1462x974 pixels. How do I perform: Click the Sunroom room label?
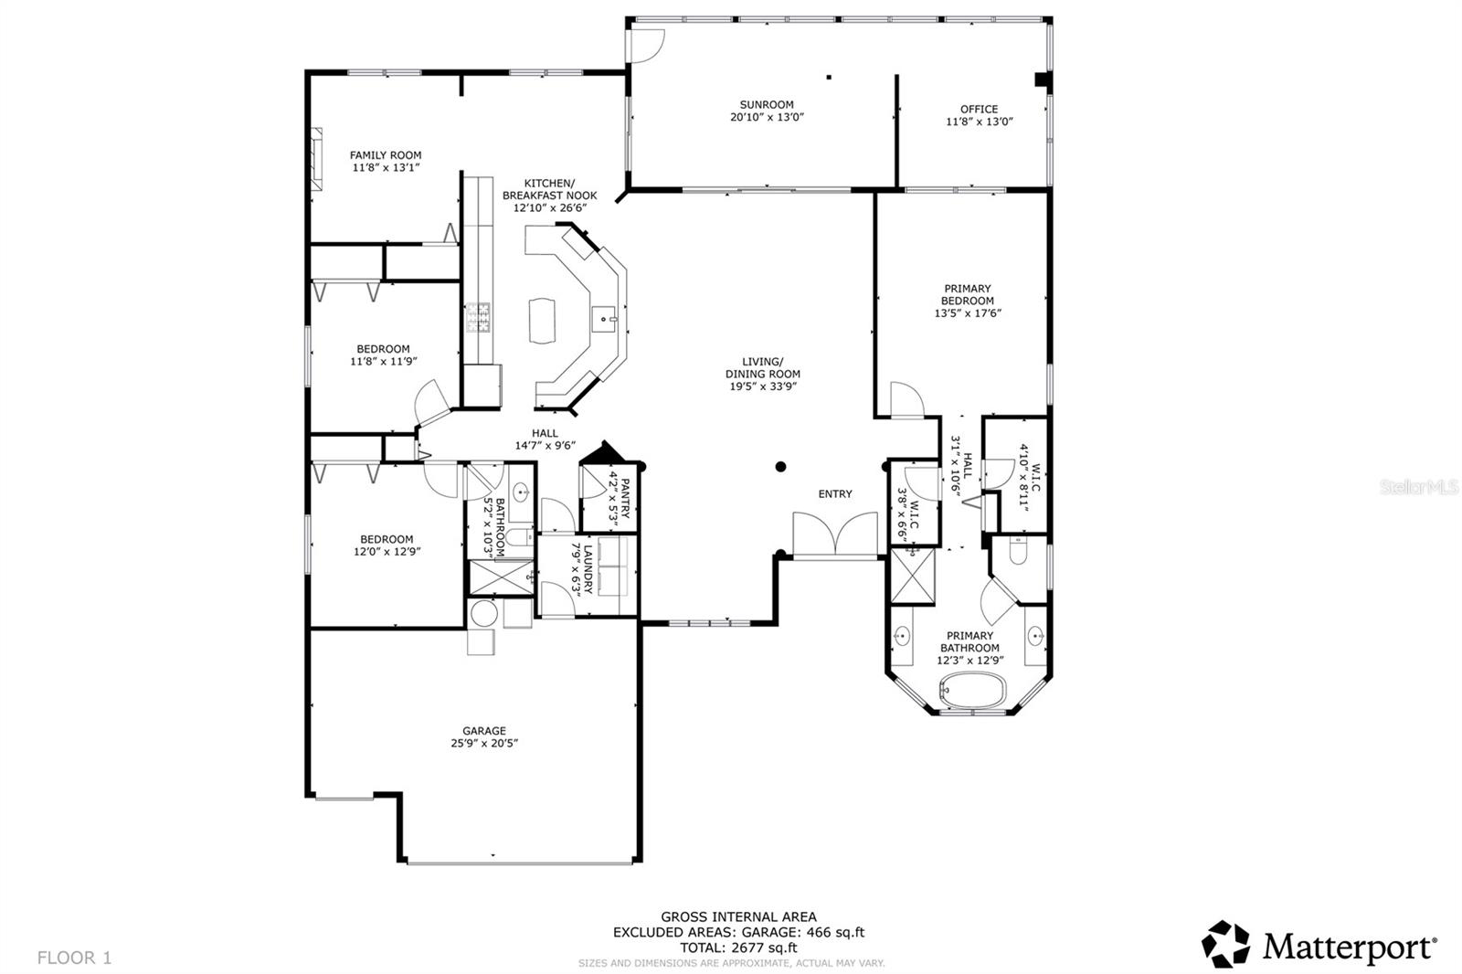(x=767, y=105)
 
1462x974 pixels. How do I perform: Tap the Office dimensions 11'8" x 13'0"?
(x=980, y=122)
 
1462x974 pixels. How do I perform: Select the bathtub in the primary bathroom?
(x=973, y=689)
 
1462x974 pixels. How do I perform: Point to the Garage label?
(x=483, y=731)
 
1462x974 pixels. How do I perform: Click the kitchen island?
(x=541, y=320)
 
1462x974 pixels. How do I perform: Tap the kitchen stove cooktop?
(x=479, y=317)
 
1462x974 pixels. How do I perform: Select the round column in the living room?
(x=781, y=467)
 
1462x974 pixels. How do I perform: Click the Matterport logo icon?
(x=1225, y=944)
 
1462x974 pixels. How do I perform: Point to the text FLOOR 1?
(x=74, y=958)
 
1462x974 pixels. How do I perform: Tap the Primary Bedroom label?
(x=968, y=295)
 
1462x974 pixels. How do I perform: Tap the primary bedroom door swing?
(x=907, y=400)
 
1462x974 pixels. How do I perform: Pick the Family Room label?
(x=386, y=155)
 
